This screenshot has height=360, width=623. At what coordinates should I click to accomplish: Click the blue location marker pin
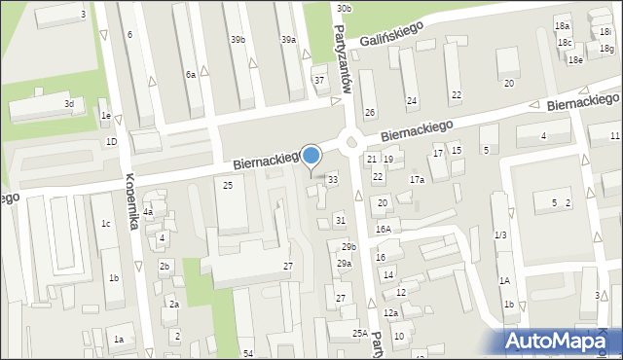tap(311, 157)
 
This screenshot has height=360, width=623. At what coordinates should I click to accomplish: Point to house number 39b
tap(238, 39)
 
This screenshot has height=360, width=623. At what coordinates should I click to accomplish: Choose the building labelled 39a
tap(288, 39)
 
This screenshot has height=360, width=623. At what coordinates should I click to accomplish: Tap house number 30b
tap(344, 8)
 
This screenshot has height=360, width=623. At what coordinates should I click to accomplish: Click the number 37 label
tap(318, 80)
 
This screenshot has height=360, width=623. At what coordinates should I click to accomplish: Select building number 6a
tap(192, 74)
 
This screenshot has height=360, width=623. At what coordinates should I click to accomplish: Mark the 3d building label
tap(68, 103)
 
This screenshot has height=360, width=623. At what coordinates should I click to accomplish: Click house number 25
tap(228, 185)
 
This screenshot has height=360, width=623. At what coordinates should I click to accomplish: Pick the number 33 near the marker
tap(333, 179)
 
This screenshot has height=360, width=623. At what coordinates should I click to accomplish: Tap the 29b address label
tap(348, 247)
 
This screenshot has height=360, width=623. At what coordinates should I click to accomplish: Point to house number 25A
tap(359, 333)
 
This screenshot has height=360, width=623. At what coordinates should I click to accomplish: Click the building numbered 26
tap(370, 113)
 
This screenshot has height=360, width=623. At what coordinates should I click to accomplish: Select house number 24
tap(412, 101)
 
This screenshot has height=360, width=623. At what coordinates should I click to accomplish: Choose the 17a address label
tap(417, 180)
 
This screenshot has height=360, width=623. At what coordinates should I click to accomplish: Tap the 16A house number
tap(384, 230)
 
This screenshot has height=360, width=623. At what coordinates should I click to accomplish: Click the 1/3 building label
tap(500, 234)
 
